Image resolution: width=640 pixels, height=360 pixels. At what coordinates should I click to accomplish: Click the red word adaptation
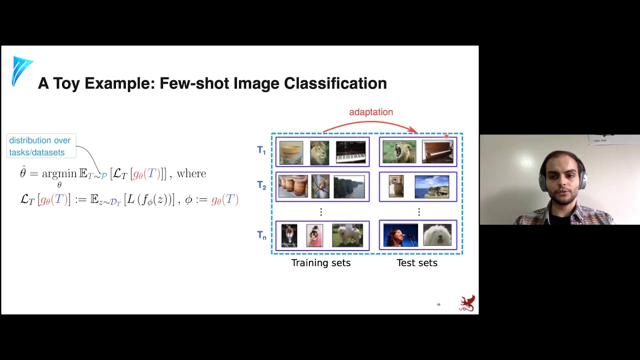point(371,112)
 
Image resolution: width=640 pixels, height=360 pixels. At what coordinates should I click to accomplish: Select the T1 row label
point(261,150)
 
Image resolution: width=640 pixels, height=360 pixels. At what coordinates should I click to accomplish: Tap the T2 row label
point(261,185)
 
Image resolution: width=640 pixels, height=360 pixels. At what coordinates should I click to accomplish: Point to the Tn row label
point(261,235)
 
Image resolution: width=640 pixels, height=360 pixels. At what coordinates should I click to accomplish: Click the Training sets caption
point(321,263)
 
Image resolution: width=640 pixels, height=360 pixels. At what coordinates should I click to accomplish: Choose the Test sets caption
point(417,263)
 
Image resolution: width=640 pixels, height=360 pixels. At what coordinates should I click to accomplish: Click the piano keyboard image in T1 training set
point(350,152)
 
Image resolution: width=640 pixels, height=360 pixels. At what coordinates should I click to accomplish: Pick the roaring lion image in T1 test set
point(399,152)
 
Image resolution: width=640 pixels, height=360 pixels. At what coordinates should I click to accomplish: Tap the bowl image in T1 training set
point(291,152)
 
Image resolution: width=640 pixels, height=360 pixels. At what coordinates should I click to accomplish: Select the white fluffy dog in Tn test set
point(437,235)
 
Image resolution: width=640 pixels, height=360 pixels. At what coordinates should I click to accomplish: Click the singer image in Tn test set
point(400,235)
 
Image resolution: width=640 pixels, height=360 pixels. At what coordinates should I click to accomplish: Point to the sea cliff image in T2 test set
point(432,186)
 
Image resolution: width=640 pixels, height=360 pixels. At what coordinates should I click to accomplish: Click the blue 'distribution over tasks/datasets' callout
point(40,146)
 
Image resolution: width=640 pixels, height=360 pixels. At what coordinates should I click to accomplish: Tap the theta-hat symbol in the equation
point(23,173)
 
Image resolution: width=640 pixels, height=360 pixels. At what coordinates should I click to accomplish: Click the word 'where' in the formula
point(191,173)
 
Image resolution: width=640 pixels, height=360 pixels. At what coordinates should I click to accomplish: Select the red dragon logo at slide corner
point(467,303)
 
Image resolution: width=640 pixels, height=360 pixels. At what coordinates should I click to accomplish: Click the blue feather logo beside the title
point(21,70)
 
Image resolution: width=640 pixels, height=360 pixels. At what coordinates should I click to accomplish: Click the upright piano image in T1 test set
point(437,152)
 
